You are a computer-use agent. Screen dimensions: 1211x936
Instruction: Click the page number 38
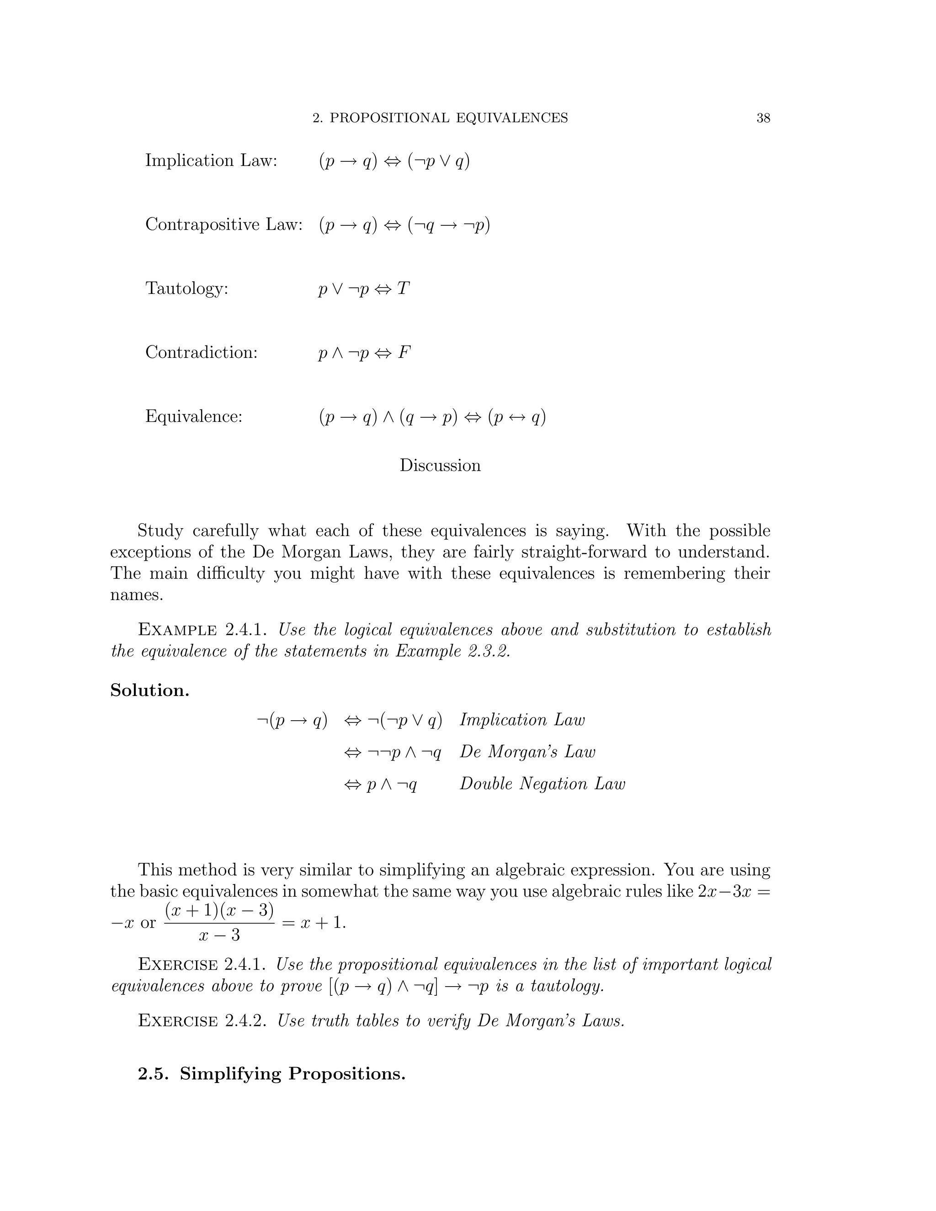tap(763, 118)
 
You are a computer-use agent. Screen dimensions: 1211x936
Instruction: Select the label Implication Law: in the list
tap(211, 161)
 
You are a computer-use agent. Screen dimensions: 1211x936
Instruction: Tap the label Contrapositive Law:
tap(224, 224)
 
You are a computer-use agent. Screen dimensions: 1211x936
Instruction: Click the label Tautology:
tap(187, 289)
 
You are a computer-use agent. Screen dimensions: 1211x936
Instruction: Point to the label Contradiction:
tap(201, 353)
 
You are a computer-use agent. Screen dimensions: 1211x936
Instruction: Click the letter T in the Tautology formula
tap(403, 289)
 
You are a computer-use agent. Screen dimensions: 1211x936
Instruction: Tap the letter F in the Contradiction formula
tap(404, 353)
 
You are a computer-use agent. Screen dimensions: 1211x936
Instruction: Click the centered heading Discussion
tap(440, 465)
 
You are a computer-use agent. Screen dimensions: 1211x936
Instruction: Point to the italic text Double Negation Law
tap(542, 784)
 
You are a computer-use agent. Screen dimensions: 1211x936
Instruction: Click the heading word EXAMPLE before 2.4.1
tap(177, 630)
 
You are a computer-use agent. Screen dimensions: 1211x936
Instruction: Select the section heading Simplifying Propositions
tap(293, 1074)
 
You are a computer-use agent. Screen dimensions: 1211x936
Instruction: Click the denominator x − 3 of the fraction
tap(219, 935)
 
